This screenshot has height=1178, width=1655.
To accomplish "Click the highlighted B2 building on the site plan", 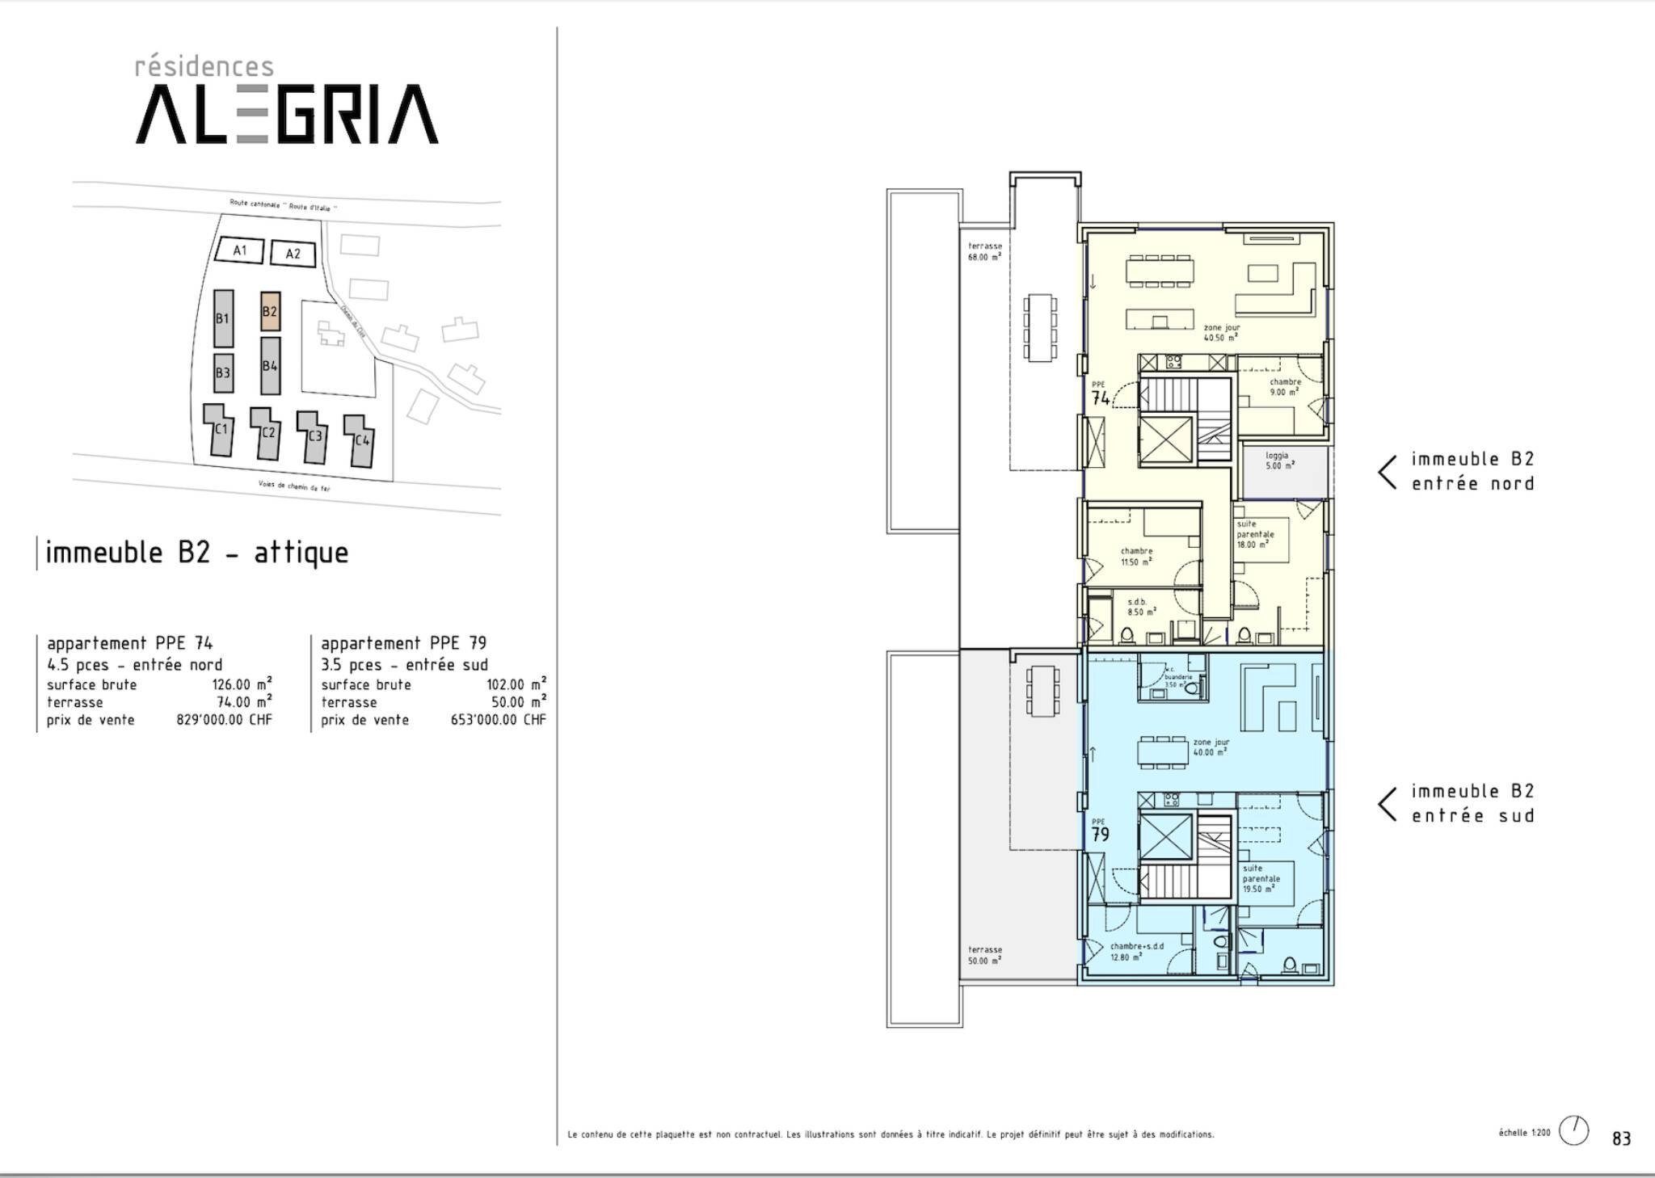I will click(x=271, y=311).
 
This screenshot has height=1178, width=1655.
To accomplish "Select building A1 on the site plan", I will click(x=240, y=250).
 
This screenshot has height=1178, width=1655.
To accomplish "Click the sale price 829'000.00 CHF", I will click(x=224, y=720).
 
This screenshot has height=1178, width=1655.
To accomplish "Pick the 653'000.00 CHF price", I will click(x=498, y=720).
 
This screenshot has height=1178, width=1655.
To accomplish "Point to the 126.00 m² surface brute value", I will click(x=242, y=684).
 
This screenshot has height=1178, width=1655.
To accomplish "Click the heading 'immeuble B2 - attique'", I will click(x=197, y=553).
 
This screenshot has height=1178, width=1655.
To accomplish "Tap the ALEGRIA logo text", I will click(x=287, y=114).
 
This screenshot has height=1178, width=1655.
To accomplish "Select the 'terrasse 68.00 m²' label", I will click(x=984, y=251).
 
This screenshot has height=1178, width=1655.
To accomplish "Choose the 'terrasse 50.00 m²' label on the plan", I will click(x=984, y=955).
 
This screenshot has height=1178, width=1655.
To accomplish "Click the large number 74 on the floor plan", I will click(x=1101, y=398).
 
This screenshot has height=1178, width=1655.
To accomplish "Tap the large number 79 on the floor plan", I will click(x=1101, y=835).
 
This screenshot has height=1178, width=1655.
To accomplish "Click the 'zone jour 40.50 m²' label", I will click(x=1220, y=333).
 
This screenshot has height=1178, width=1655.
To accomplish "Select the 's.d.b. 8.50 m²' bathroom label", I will click(x=1137, y=607).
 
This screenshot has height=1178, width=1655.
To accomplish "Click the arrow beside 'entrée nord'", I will click(x=1388, y=472).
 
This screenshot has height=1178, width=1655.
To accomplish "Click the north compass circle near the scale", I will click(x=1573, y=1130).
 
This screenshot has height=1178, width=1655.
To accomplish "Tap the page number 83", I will click(x=1621, y=1138).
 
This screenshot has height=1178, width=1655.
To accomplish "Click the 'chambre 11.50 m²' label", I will click(x=1136, y=557).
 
